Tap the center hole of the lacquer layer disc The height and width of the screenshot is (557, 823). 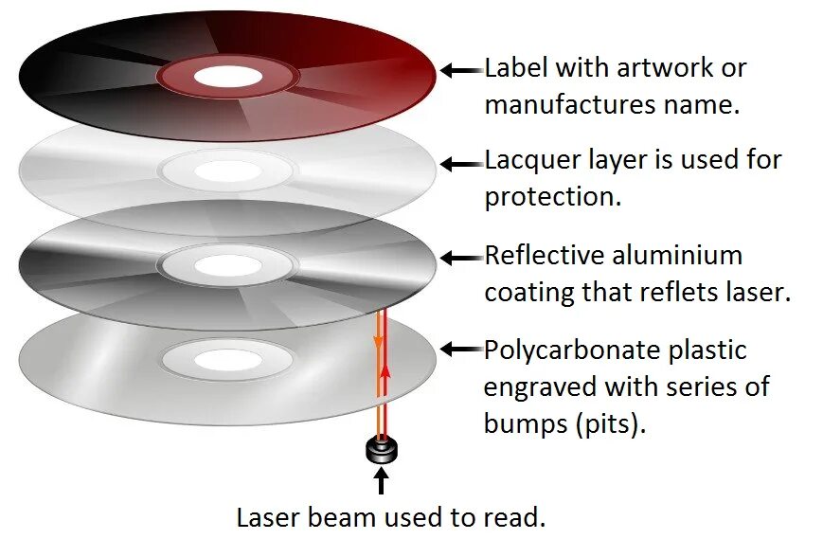click(225, 171)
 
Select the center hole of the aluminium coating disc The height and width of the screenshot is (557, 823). click(225, 264)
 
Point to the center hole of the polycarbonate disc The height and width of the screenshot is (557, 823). click(225, 357)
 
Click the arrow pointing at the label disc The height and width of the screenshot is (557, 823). click(461, 69)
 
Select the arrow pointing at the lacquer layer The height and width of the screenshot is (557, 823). click(461, 163)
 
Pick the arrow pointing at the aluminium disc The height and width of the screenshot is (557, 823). click(461, 257)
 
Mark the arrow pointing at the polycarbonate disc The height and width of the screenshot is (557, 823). click(461, 350)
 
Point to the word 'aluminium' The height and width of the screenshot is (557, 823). click(676, 256)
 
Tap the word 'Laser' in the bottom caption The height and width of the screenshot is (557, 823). click(269, 517)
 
